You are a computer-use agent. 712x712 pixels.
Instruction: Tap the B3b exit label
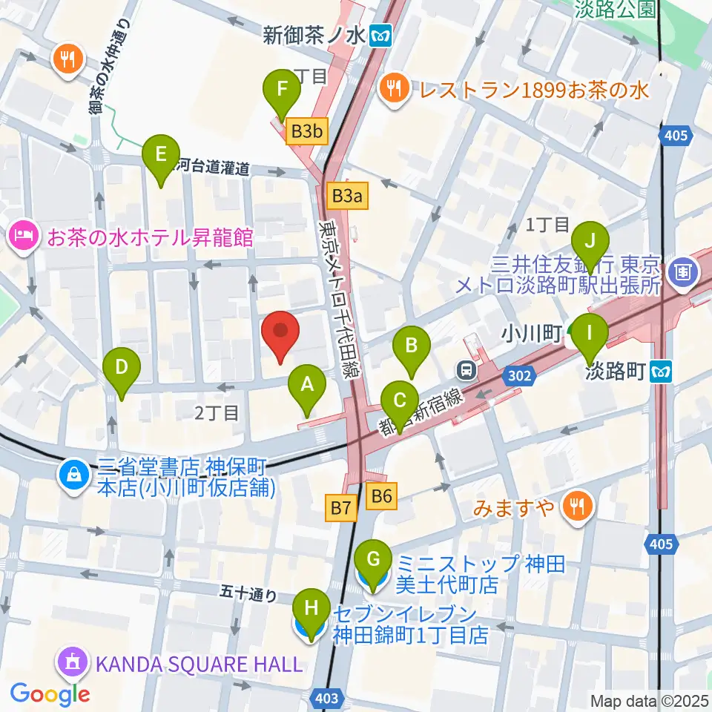click(306, 132)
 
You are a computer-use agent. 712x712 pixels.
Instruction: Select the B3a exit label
click(347, 196)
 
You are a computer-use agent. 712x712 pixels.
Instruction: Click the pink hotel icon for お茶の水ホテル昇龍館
click(22, 238)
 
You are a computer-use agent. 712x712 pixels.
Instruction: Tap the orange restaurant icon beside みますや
click(576, 507)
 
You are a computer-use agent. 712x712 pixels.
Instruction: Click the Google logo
click(50, 694)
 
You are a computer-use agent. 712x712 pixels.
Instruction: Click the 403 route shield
click(331, 698)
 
